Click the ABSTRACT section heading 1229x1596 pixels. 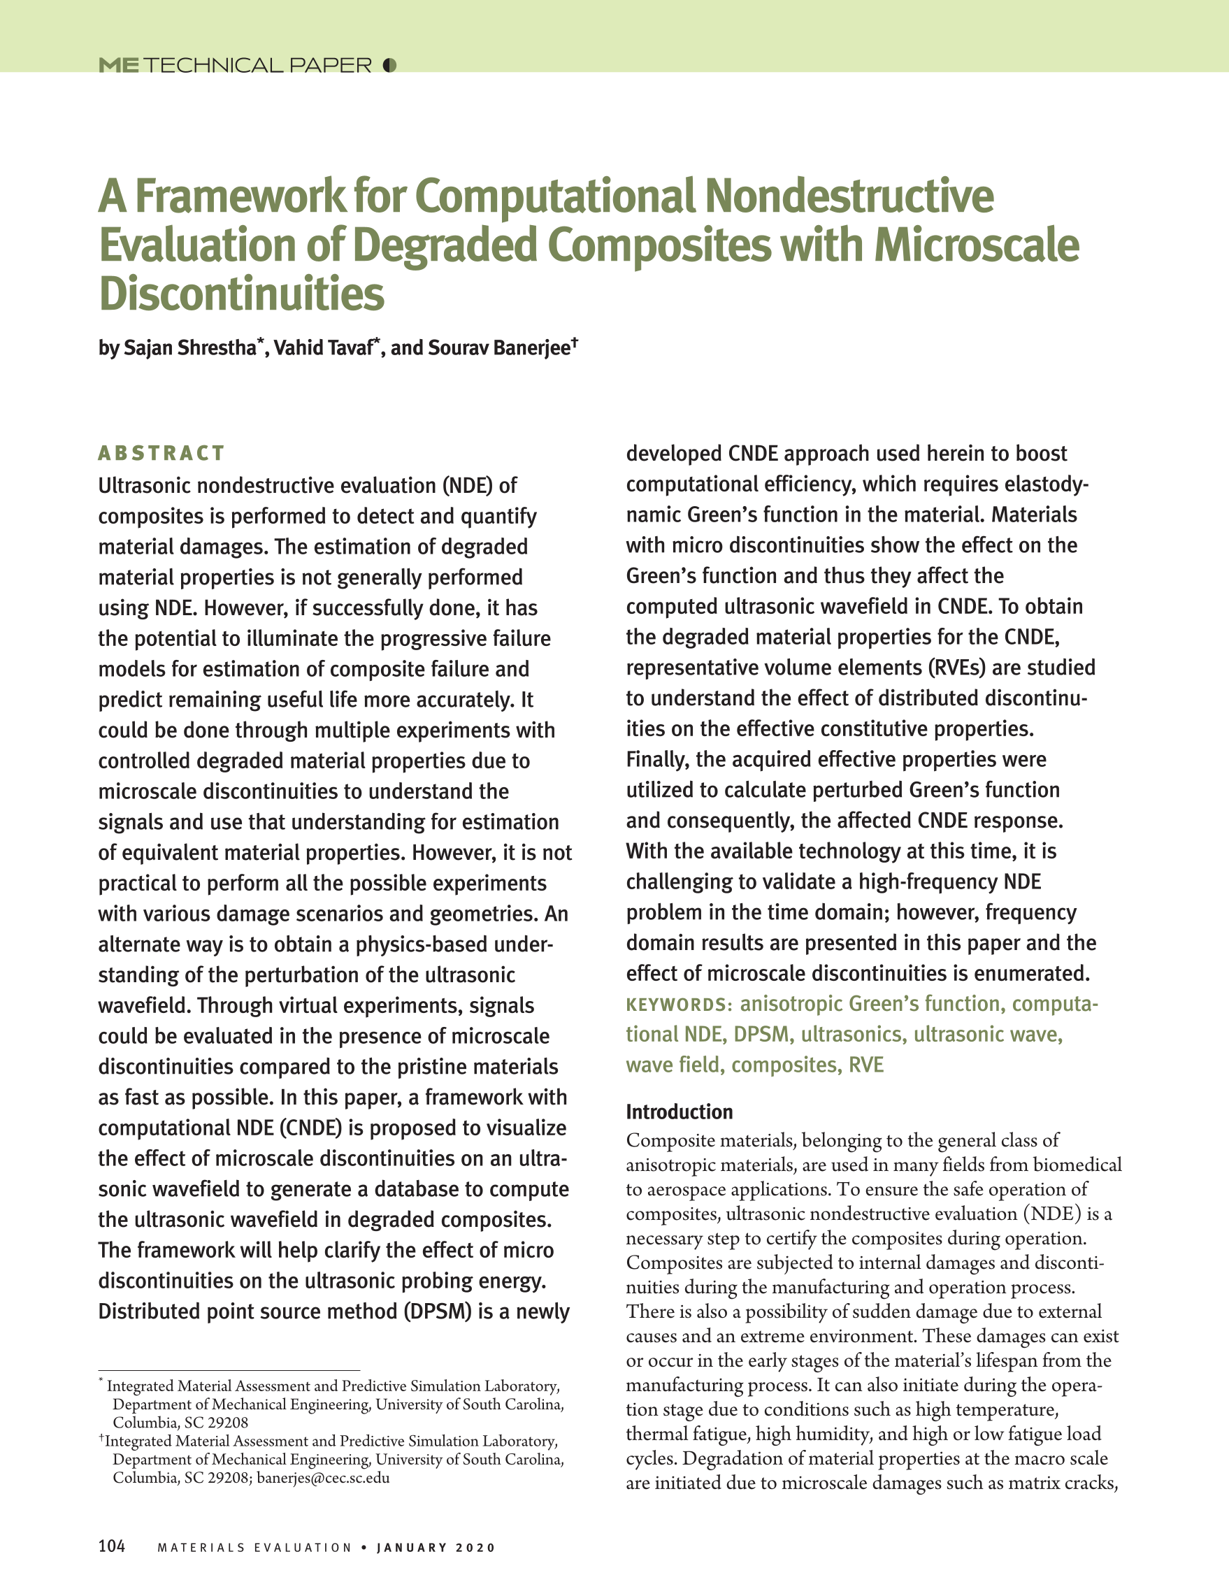point(161,453)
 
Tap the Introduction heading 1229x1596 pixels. point(679,1112)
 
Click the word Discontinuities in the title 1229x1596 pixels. point(241,294)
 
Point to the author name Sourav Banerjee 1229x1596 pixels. point(498,348)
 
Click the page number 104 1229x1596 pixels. point(112,1546)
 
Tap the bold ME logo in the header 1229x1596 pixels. point(118,66)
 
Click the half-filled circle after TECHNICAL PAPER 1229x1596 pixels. point(389,66)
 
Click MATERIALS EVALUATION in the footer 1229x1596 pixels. point(254,1548)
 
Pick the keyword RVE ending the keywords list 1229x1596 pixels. point(866,1065)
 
